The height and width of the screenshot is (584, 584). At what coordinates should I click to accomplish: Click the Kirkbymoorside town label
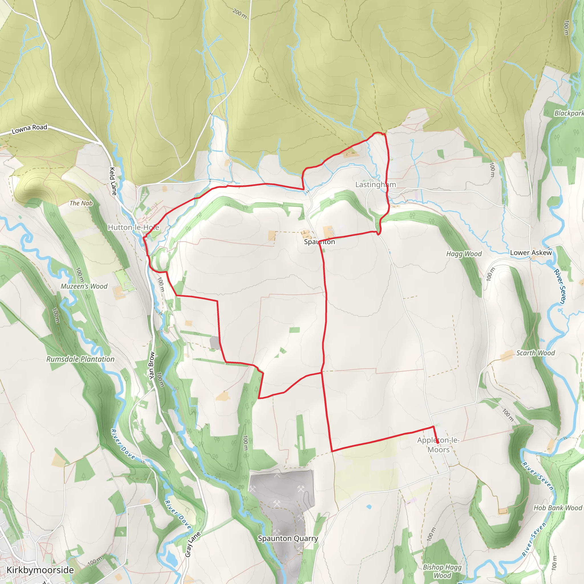(x=40, y=570)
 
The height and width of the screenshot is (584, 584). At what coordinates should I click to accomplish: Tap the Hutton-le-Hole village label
(x=133, y=227)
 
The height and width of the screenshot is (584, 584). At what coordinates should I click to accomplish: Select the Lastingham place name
(x=376, y=184)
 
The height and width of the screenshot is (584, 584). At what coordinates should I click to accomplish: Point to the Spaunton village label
(x=319, y=242)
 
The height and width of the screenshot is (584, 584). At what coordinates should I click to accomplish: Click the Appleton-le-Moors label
(x=438, y=445)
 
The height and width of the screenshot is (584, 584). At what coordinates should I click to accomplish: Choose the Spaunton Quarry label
(x=288, y=538)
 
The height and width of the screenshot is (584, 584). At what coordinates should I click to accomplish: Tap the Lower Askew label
(x=531, y=253)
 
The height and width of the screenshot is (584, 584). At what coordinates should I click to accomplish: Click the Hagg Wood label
(x=464, y=254)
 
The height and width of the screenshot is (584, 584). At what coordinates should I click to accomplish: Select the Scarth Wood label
(x=535, y=353)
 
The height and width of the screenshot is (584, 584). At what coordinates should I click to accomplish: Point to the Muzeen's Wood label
(x=84, y=286)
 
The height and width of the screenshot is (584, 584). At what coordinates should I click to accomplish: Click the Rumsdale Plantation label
(x=80, y=359)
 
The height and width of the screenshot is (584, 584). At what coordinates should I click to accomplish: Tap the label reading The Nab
(x=81, y=203)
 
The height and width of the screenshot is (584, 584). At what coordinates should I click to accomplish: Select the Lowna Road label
(x=29, y=129)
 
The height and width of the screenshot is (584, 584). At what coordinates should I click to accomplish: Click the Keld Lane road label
(x=113, y=181)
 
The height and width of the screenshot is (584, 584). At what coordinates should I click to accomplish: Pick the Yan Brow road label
(x=152, y=366)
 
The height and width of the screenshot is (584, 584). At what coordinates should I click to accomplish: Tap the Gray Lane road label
(x=192, y=544)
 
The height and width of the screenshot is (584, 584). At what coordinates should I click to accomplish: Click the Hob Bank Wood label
(x=558, y=508)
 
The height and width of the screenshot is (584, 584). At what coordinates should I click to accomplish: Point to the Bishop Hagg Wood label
(x=442, y=571)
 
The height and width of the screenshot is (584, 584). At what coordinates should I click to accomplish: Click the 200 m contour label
(x=240, y=13)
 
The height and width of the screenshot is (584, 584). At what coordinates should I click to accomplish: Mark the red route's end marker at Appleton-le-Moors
(x=437, y=442)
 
